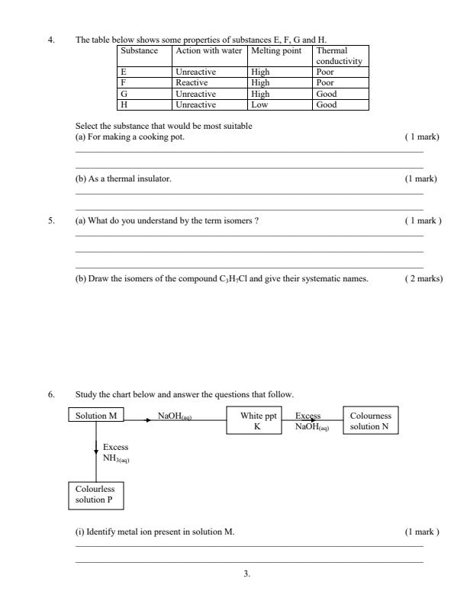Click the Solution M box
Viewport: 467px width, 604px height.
tap(97, 416)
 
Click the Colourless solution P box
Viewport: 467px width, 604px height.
tap(97, 493)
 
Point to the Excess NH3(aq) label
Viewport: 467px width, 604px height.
tap(116, 452)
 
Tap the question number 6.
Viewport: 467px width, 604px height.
tap(51, 394)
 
